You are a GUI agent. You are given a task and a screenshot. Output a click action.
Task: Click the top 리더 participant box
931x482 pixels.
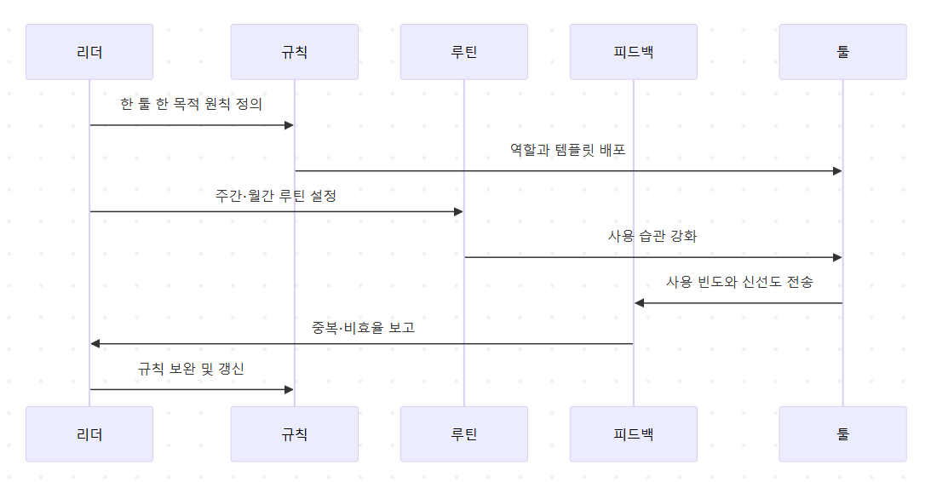click(x=89, y=52)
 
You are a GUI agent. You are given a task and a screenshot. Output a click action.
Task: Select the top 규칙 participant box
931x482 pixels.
click(x=294, y=52)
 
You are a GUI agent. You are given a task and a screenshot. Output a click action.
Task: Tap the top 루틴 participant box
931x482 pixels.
click(x=463, y=52)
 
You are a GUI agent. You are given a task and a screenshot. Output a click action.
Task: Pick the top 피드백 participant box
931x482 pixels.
click(x=633, y=52)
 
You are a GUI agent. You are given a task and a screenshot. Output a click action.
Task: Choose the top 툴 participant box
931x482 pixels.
click(x=842, y=52)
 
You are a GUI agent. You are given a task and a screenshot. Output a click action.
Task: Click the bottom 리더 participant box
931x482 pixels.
click(x=89, y=433)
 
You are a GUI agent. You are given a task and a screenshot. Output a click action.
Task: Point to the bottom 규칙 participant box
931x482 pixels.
click(x=294, y=433)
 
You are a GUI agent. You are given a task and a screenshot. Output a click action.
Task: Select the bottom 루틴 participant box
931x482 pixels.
click(x=463, y=433)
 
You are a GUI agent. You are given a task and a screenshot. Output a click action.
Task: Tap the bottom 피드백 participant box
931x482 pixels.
click(x=633, y=433)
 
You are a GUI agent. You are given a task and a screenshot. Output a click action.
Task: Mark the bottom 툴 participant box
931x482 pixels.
click(x=842, y=433)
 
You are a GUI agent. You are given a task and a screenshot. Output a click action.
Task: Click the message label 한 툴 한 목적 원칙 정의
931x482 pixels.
click(x=192, y=105)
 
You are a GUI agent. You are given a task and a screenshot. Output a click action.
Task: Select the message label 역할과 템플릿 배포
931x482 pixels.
click(x=568, y=150)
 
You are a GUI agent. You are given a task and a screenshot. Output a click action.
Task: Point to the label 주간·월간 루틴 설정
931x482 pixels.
click(x=276, y=196)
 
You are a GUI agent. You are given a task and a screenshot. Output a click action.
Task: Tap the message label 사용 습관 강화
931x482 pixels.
click(x=652, y=236)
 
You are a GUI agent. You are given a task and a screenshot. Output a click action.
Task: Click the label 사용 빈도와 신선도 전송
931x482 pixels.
click(x=739, y=282)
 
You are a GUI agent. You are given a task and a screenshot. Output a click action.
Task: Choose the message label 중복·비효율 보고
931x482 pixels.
click(x=363, y=327)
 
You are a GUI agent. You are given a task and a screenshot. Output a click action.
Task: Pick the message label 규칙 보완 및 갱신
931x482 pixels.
click(x=192, y=369)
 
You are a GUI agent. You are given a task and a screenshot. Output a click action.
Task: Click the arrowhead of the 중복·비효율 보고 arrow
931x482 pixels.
click(x=95, y=343)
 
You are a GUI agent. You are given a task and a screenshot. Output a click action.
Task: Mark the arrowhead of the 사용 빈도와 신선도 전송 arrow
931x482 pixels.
click(x=639, y=303)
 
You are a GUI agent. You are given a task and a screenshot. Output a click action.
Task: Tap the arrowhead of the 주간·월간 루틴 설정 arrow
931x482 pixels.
click(x=458, y=211)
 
